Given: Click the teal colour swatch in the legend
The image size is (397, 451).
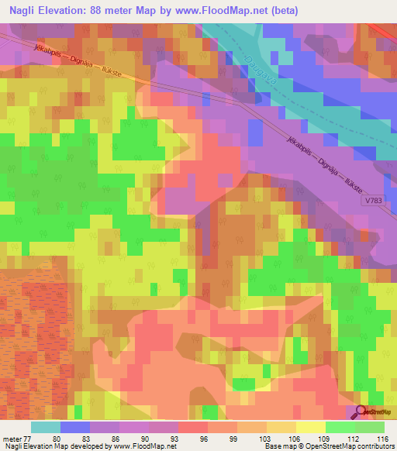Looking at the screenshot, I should click(x=45, y=427).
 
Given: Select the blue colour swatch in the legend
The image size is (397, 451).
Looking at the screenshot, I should click(x=74, y=427).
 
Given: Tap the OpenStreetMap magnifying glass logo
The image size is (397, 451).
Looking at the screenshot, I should click(x=361, y=411).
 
